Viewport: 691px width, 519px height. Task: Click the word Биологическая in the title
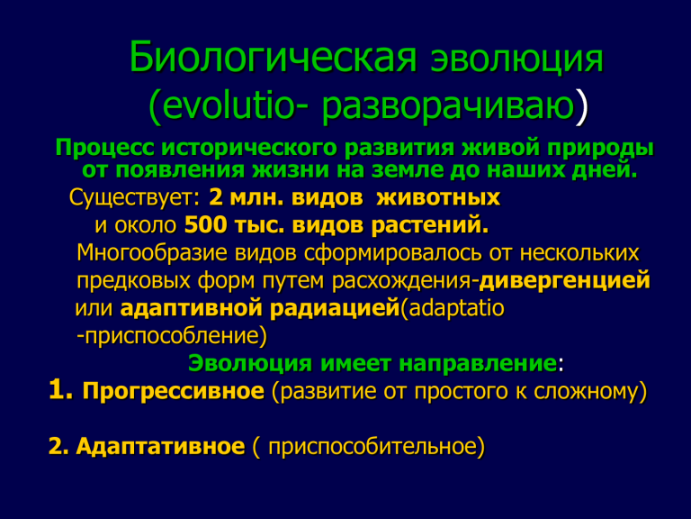pyautogui.click(x=273, y=58)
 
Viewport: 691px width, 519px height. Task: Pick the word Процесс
pyautogui.click(x=105, y=149)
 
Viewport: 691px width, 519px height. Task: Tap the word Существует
pyautogui.click(x=134, y=197)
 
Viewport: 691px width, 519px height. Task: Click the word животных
pyautogui.click(x=438, y=197)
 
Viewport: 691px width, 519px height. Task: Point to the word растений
pyautogui.click(x=430, y=226)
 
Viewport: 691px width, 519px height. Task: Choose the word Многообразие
pyautogui.click(x=152, y=253)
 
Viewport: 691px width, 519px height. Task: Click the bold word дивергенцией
pyautogui.click(x=564, y=281)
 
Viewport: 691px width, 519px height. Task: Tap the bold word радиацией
pyautogui.click(x=334, y=308)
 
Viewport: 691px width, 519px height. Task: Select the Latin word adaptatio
pyautogui.click(x=456, y=309)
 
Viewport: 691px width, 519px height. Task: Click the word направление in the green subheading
pyautogui.click(x=478, y=364)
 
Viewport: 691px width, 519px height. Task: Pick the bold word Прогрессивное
pyautogui.click(x=173, y=392)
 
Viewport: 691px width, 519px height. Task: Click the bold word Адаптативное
pyautogui.click(x=160, y=447)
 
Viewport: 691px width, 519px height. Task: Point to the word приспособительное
pyautogui.click(x=372, y=447)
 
